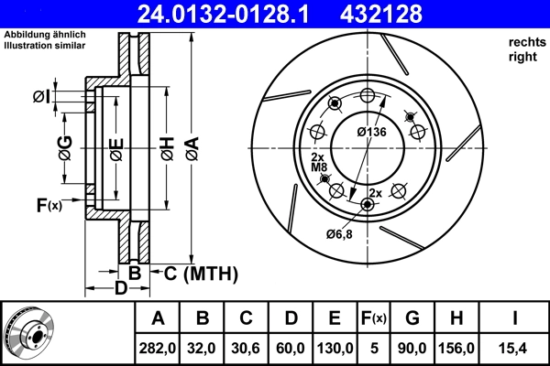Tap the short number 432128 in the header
(409, 14)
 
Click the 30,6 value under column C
(247, 349)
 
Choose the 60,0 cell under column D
(291, 349)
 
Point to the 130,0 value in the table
(335, 349)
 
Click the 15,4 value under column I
(515, 349)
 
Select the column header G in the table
(412, 318)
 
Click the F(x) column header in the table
(374, 318)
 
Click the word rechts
(527, 43)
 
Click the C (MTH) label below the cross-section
(200, 273)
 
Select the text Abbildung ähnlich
(45, 34)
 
